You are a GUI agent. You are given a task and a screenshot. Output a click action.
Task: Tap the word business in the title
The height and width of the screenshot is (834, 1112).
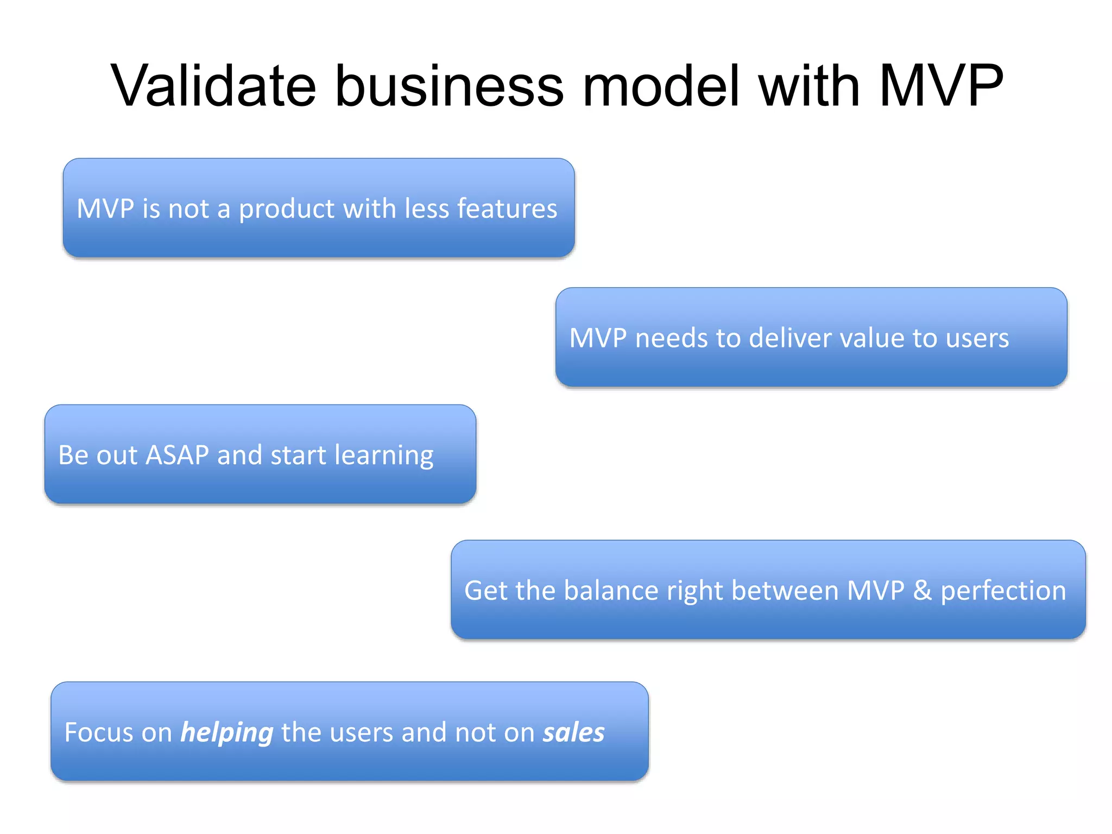click(450, 86)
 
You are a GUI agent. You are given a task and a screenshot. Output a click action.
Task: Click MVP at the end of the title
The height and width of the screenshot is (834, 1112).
click(941, 86)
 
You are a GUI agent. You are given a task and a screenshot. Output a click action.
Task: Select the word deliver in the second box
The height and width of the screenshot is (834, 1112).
click(790, 338)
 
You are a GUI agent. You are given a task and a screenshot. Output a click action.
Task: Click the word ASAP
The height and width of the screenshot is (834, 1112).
click(177, 455)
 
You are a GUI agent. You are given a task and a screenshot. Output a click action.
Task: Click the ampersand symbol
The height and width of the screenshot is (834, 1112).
click(922, 590)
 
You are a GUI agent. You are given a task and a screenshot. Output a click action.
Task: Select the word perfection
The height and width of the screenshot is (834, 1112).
click(1003, 591)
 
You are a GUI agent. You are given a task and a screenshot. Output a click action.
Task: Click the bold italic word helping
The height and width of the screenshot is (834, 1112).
click(226, 733)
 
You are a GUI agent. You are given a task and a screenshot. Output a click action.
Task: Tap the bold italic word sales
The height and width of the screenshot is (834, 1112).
click(573, 732)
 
